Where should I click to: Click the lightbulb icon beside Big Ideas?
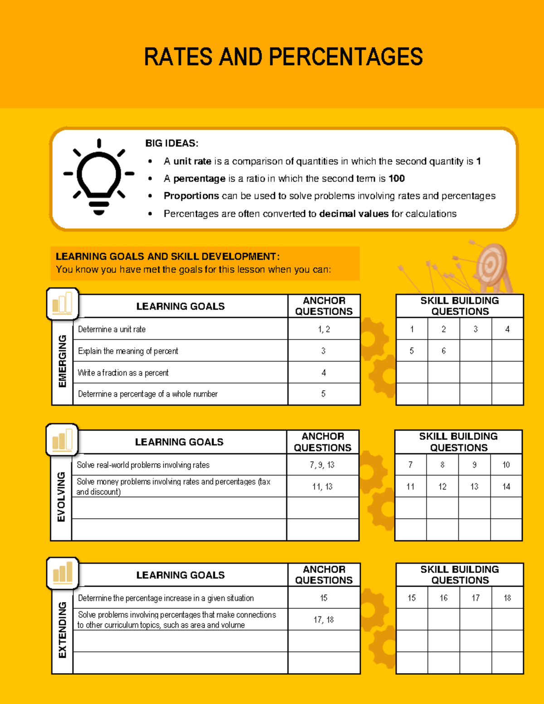coord(99,177)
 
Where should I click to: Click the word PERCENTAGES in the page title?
coord(345,57)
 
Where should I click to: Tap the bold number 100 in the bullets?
coord(397,179)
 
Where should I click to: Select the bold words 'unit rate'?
coord(192,161)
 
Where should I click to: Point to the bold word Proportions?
coord(191,196)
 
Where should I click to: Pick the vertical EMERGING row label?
coord(63,361)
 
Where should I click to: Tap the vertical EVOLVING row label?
coord(61,497)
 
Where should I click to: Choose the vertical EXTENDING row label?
coord(63,630)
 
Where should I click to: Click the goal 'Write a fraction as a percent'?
coord(123,373)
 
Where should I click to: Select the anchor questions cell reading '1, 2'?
coord(324,330)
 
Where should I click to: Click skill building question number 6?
coord(443,351)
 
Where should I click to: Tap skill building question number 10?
coord(506,465)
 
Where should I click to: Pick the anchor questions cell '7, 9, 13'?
coord(322,465)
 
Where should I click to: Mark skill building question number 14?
coord(506,487)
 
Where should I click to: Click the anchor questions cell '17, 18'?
coord(324,620)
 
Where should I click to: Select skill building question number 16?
coord(443,598)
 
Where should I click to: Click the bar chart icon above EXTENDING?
coord(63,573)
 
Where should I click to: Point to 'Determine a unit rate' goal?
coord(112,330)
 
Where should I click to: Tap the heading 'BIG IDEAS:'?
coord(172,143)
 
